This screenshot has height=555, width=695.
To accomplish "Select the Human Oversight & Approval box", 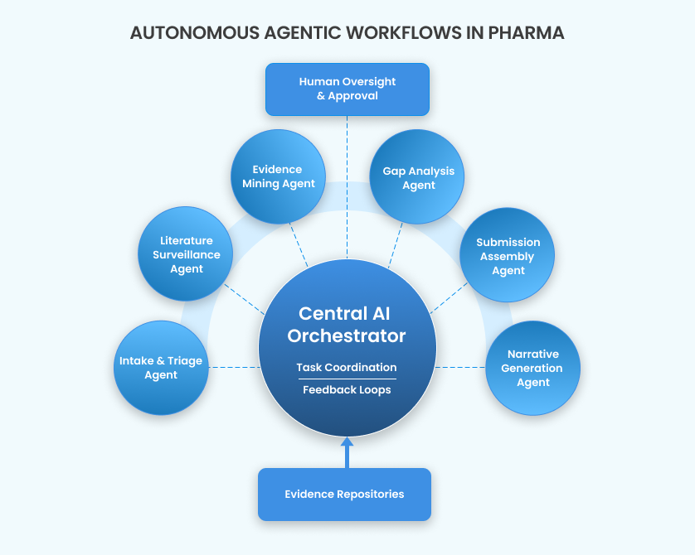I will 347,89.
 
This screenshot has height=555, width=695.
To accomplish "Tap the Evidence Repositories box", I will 344,495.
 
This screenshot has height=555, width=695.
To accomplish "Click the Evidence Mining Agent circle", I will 278,176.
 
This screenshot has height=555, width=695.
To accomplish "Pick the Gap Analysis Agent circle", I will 418,177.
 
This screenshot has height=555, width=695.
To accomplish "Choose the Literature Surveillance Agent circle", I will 186,254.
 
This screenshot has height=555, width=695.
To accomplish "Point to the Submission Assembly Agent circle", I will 508,255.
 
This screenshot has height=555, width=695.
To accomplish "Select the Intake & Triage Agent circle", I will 161,368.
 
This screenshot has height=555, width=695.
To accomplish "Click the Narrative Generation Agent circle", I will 532,369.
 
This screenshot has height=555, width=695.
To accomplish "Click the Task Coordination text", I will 346,367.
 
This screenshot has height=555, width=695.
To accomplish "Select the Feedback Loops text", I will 346,389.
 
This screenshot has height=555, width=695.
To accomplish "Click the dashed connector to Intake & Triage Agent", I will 232,367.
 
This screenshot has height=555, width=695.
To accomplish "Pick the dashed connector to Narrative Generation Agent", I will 460,367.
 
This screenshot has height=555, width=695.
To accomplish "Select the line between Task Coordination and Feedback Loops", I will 346,379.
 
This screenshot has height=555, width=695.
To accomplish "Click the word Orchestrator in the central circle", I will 346,335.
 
